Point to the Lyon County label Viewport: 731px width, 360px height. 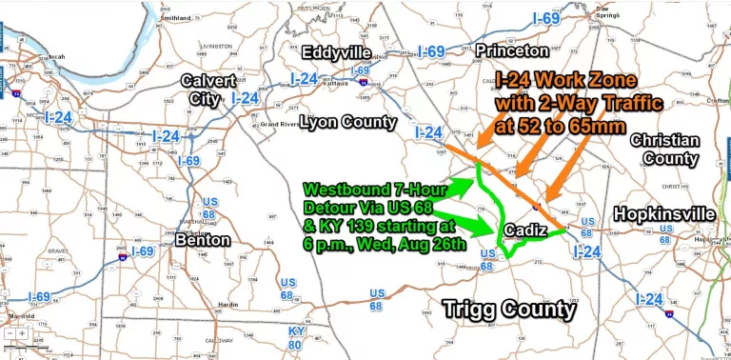[x=348, y=122]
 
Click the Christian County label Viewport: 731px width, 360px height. [x=664, y=149]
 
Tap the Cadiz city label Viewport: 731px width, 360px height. [x=525, y=231]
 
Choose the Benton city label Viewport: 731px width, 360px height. [x=202, y=240]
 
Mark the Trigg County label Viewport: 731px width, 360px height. [x=510, y=310]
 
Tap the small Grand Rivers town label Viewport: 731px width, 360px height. [x=283, y=125]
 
